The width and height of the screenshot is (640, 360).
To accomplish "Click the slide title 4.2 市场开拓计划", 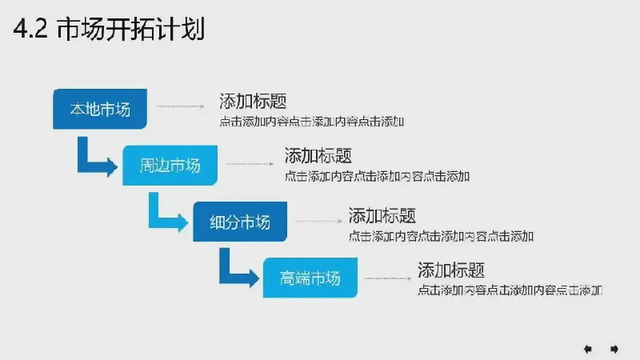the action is tap(109, 29).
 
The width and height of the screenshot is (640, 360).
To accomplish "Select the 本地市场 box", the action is tap(100, 109).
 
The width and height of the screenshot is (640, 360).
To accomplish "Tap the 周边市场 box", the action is tap(170, 166).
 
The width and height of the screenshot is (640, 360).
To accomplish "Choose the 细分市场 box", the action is tap(240, 222).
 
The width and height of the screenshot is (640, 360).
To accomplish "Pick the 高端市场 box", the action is tap(310, 278).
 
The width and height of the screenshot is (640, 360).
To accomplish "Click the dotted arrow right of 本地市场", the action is tap(181, 106).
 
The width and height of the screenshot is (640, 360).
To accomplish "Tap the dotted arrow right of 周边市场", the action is tap(250, 164).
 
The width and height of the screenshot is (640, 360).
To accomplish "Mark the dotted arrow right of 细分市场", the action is tap(318, 222).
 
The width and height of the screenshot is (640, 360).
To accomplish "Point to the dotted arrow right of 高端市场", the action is tap(388, 278).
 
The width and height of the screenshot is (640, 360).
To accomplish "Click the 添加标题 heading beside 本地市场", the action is tap(253, 102).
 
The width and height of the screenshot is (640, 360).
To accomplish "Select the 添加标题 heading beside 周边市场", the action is tap(318, 155).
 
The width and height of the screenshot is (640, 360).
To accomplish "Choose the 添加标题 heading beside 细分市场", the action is tap(382, 215).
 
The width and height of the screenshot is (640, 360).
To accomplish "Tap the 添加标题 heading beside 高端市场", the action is tap(451, 270).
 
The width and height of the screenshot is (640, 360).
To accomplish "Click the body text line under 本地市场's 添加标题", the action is tap(312, 122).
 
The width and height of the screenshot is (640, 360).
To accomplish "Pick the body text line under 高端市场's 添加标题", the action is tap(510, 290).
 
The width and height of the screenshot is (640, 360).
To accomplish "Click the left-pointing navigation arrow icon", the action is tap(588, 349).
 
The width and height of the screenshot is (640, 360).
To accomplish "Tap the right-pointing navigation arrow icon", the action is tap(614, 349).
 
